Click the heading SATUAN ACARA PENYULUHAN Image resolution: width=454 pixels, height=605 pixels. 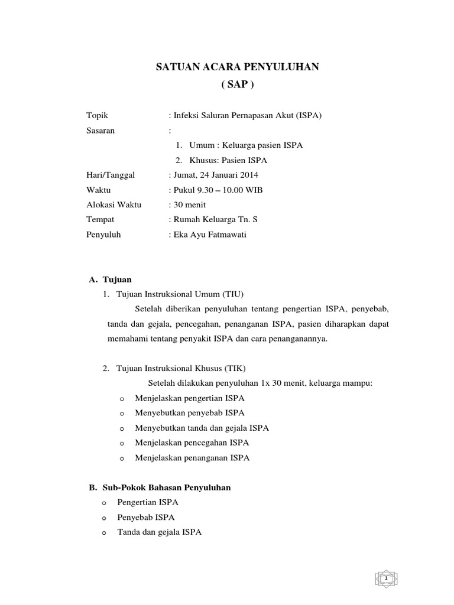click(236, 67)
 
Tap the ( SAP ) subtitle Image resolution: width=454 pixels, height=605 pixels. click(236, 84)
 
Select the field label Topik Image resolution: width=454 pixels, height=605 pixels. click(98, 116)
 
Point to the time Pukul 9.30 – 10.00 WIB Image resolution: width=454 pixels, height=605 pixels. click(218, 190)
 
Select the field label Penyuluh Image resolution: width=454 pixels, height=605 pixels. click(103, 235)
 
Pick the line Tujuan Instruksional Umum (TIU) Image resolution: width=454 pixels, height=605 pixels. click(180, 294)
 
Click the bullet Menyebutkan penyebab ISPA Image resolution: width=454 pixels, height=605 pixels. click(189, 413)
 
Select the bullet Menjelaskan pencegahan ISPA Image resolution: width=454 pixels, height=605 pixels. click(192, 443)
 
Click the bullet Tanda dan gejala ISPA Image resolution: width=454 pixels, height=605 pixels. click(168, 532)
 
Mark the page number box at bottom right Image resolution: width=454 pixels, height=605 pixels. click(385, 577)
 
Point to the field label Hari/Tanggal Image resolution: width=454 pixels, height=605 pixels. click(111, 175)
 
